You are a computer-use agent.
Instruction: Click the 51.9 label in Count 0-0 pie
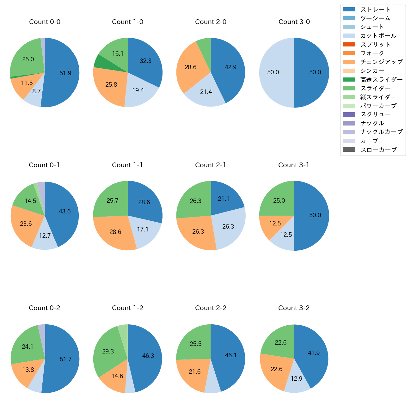click(65, 73)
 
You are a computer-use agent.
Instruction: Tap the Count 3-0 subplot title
click(294, 22)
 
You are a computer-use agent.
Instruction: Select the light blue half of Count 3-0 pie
click(275, 72)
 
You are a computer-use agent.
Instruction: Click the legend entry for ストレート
click(375, 9)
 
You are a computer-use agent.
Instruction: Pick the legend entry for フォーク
click(372, 53)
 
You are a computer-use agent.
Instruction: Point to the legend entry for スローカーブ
click(378, 150)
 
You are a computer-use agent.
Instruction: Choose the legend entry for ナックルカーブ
click(381, 132)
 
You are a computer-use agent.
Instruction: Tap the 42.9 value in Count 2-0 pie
click(230, 67)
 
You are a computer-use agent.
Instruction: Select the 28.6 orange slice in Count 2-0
click(191, 67)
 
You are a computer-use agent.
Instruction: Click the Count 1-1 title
click(127, 165)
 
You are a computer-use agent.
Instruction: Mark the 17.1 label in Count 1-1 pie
click(143, 229)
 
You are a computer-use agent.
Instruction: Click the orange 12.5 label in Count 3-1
click(275, 223)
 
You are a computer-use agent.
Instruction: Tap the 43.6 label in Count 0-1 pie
click(65, 211)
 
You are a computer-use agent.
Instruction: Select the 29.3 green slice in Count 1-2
click(108, 351)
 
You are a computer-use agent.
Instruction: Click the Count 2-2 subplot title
click(211, 308)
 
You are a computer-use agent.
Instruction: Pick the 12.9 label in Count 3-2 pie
click(297, 378)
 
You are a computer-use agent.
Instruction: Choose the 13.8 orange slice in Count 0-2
click(28, 370)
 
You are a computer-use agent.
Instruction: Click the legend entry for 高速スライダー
click(381, 80)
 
